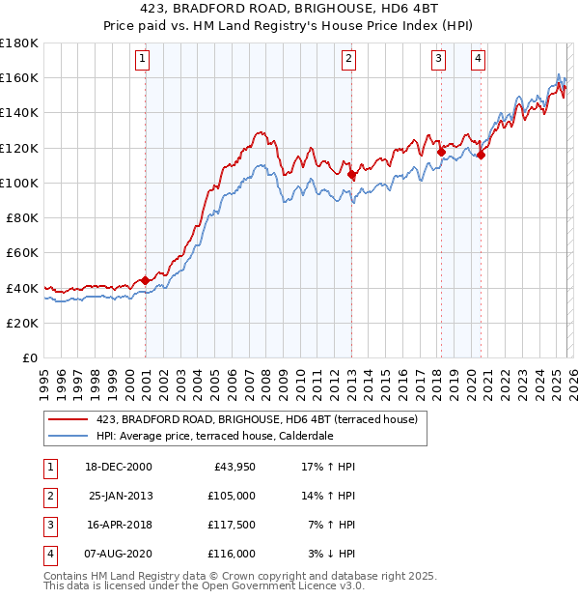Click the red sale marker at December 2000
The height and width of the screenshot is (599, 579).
point(146,280)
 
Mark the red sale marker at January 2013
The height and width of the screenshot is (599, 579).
point(351,175)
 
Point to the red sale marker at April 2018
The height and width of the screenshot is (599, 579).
point(441,152)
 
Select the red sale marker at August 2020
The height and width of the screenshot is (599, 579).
point(481,155)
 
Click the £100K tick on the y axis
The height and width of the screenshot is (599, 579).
point(19,183)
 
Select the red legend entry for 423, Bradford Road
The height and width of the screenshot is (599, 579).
point(256,419)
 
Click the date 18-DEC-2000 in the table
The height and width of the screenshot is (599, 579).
point(119,467)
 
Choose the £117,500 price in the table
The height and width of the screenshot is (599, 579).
point(232,525)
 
